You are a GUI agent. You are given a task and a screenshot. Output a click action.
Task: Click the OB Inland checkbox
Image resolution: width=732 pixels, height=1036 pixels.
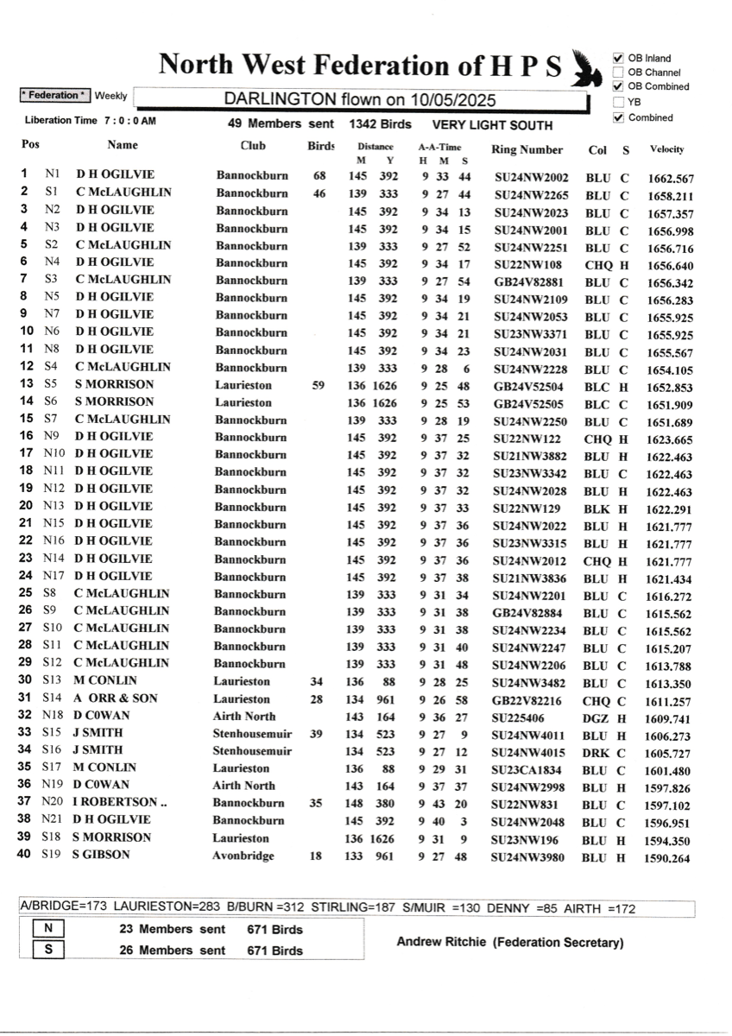618,59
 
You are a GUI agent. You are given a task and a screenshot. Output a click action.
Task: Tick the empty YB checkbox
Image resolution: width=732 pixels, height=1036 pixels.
618,102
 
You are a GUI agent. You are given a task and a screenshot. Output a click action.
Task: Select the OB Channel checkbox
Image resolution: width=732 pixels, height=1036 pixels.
618,73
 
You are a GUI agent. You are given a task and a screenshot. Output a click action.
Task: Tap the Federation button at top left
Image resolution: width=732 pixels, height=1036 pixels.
54,95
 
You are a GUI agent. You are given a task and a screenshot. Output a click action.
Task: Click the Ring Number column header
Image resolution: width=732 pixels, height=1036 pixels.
527,149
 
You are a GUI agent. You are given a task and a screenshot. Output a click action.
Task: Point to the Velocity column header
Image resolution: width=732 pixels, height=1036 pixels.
667,149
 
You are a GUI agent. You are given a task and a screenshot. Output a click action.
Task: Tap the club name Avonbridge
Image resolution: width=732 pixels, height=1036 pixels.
243,856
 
